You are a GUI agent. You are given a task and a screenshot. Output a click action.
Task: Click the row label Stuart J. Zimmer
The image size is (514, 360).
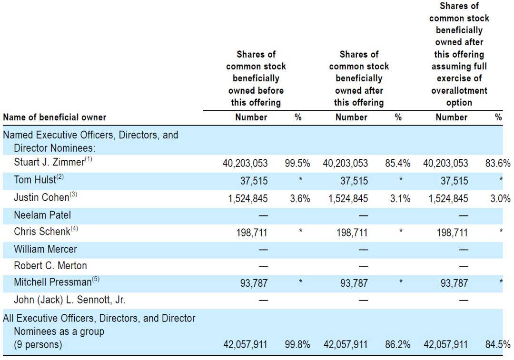tap(49, 162)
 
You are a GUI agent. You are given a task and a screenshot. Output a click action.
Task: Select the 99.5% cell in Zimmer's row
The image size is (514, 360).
tap(297, 163)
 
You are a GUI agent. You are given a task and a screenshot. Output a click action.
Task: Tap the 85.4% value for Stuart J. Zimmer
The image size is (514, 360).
tap(397, 163)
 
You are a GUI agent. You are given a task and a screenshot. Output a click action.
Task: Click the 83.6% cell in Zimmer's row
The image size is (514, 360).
tap(498, 163)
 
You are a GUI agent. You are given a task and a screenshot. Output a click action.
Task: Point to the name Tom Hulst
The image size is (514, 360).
tap(35, 180)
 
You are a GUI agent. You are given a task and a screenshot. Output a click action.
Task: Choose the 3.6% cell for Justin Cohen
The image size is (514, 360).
tap(300, 198)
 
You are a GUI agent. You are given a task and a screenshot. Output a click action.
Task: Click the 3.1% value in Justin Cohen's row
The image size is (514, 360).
tap(400, 198)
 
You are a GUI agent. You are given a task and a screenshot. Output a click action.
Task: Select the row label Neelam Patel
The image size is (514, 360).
tap(42, 215)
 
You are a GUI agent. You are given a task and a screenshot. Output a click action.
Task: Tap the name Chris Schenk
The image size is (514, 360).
tap(42, 232)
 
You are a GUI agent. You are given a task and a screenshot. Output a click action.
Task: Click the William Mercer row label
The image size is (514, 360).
tap(45, 249)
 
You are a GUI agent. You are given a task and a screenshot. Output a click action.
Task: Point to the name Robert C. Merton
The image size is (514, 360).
tap(50, 266)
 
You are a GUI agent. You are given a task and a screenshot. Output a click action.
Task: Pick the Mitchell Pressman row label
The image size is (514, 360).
tap(53, 282)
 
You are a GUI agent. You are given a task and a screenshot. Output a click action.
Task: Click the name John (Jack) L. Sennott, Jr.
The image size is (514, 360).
tap(69, 300)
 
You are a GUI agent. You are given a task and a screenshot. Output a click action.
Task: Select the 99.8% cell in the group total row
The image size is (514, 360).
tap(297, 345)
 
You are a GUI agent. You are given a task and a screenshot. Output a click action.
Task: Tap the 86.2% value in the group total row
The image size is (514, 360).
tap(397, 345)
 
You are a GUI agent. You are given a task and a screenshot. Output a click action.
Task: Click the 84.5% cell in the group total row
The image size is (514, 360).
tap(498, 345)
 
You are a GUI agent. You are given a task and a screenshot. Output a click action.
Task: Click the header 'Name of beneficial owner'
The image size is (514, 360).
tap(55, 117)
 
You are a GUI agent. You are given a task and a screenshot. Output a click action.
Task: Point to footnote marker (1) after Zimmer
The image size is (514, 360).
tap(89, 159)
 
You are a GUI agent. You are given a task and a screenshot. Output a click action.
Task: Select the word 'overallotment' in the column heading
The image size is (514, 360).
tap(459, 90)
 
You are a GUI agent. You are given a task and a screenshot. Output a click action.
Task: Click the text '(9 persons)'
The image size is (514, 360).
tap(38, 345)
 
